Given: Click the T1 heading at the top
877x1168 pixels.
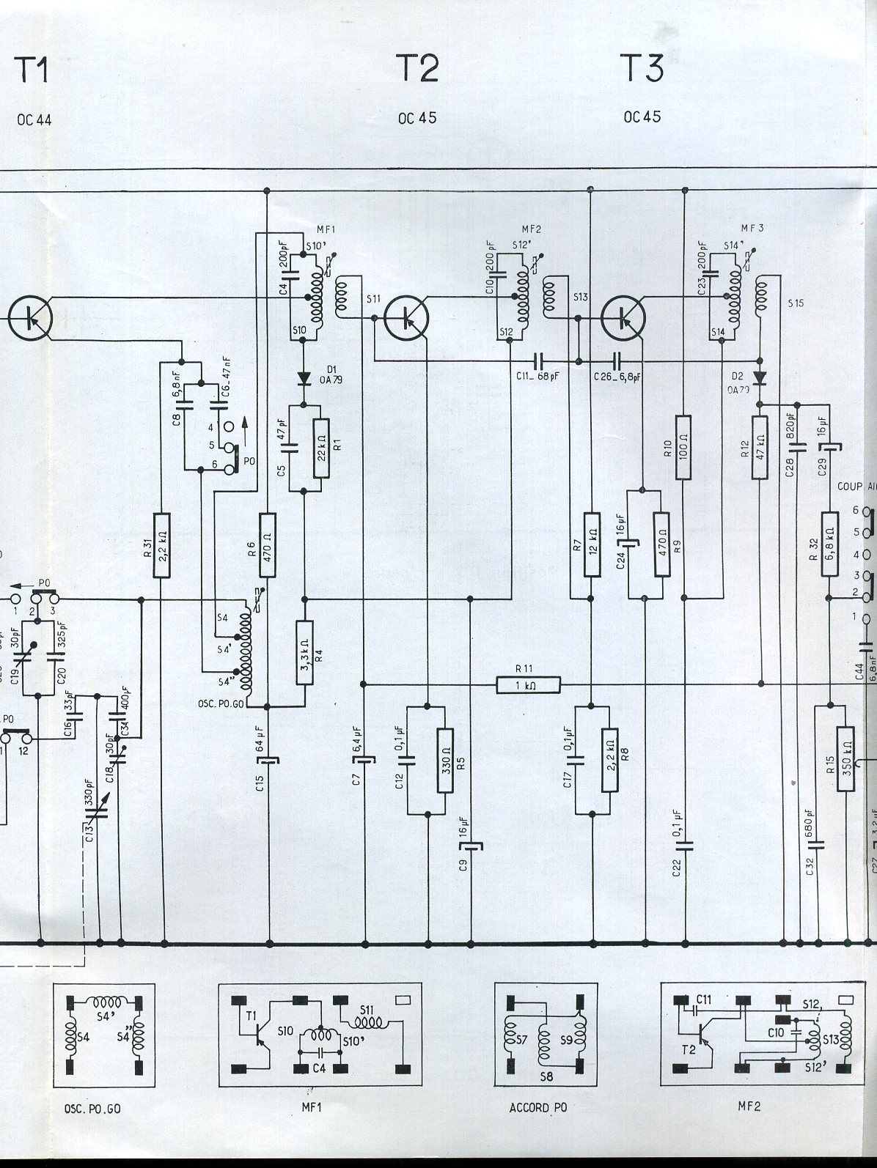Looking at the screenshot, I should click(31, 70).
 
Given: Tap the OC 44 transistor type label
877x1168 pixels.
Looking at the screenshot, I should click(34, 121).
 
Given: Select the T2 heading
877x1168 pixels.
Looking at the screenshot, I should click(418, 69).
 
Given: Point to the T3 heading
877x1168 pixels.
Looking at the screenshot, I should click(643, 69).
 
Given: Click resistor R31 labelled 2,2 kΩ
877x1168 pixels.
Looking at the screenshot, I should click(163, 543).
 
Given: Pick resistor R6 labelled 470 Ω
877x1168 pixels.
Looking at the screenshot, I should click(268, 543).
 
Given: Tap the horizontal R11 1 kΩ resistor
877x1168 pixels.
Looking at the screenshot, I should click(528, 685).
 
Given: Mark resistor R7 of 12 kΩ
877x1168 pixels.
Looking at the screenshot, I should click(590, 539).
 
